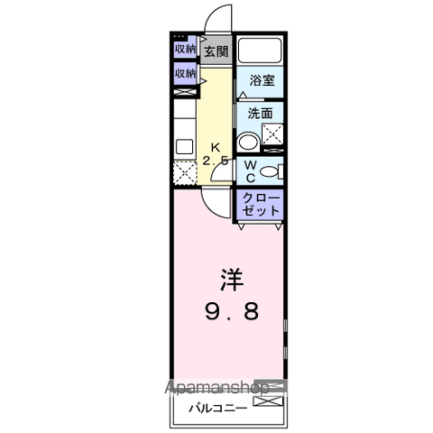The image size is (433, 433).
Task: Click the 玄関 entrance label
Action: click(x=215, y=51)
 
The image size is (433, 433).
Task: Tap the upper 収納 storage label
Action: click(x=185, y=49)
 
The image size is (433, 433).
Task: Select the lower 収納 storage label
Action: click(x=185, y=73)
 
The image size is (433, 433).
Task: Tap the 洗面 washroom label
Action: click(x=260, y=115)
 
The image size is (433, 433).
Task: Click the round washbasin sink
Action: click(x=246, y=142)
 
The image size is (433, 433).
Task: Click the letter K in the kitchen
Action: click(x=216, y=147)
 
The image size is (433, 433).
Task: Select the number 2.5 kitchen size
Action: click(x=216, y=161)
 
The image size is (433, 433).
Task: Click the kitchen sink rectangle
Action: click(x=183, y=145)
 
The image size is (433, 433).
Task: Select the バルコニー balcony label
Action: click(x=214, y=406)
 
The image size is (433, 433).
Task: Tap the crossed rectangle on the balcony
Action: click(x=270, y=397)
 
